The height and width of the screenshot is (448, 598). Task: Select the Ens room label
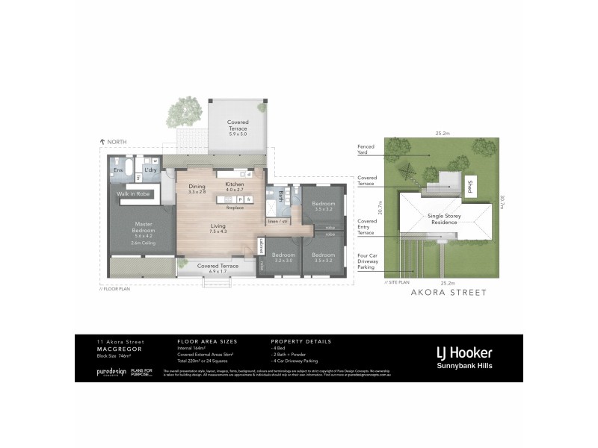pyautogui.click(x=117, y=170)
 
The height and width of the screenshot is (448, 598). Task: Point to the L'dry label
pyautogui.click(x=150, y=170)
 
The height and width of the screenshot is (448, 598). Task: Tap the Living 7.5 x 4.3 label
pyautogui.click(x=219, y=228)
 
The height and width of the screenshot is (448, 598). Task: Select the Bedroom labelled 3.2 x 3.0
pyautogui.click(x=283, y=258)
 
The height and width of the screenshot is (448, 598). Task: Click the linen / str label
pyautogui.click(x=278, y=222)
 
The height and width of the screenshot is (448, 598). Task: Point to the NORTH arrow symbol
pyautogui.click(x=102, y=141)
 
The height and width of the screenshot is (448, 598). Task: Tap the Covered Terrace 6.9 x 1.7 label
pyautogui.click(x=218, y=268)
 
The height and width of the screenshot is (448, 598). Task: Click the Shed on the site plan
pyautogui.click(x=470, y=186)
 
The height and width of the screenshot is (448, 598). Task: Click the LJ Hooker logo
pyautogui.click(x=465, y=353)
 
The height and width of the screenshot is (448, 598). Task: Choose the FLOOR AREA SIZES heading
pyautogui.click(x=203, y=341)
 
